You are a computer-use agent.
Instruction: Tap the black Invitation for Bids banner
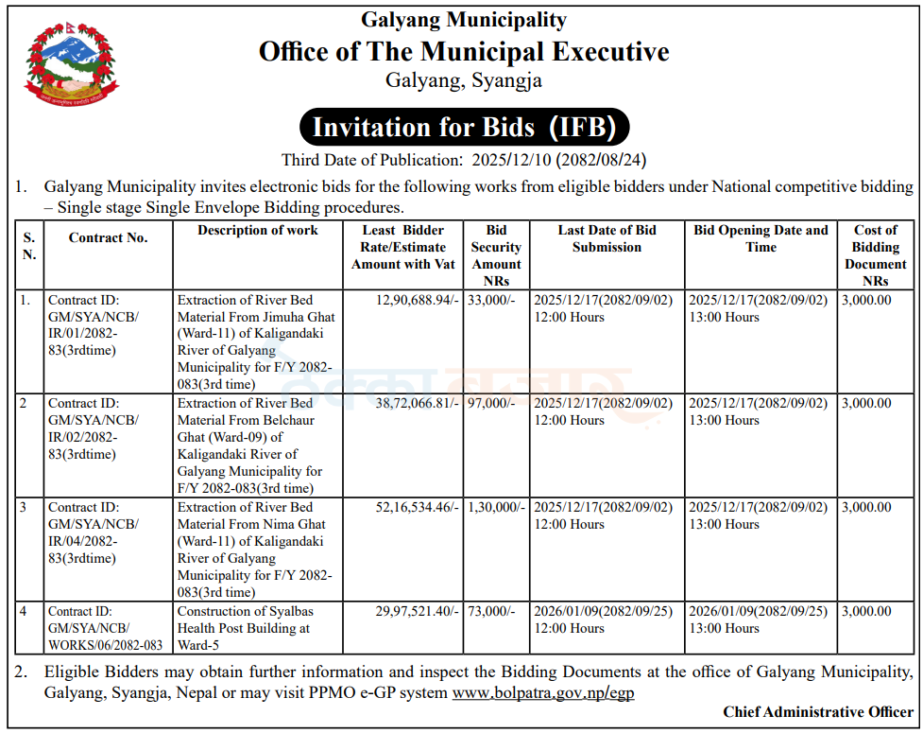[x=464, y=127]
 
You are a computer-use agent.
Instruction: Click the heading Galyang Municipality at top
[x=464, y=19]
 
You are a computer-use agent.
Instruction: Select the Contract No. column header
[x=108, y=238]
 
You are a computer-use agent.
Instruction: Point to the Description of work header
[x=258, y=230]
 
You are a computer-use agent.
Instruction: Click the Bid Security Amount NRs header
[x=496, y=255]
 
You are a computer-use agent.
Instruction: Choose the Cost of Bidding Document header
[x=875, y=255]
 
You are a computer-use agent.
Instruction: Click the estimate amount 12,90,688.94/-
[x=417, y=300]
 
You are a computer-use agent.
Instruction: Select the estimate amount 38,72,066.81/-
[x=417, y=403]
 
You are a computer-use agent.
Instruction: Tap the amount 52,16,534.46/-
[x=417, y=507]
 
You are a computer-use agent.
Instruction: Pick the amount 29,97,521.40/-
[x=417, y=611]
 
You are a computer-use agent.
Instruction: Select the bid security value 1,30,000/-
[x=497, y=507]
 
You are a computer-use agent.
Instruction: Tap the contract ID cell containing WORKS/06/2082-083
[x=105, y=628]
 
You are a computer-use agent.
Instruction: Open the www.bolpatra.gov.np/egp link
[x=542, y=693]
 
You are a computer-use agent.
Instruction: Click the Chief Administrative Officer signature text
[x=818, y=712]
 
